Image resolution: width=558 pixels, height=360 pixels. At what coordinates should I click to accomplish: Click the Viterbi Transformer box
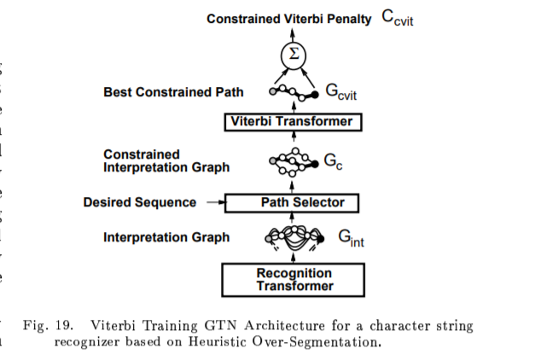(x=292, y=121)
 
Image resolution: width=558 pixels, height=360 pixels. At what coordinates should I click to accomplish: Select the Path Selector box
(x=292, y=202)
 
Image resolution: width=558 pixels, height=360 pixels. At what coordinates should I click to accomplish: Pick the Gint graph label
(x=351, y=239)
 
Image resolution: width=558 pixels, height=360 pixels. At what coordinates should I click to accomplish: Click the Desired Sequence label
(x=139, y=202)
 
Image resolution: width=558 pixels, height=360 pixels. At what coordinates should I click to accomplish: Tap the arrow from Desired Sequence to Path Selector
(x=213, y=202)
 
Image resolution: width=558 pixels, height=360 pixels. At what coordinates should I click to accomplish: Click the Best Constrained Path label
(x=173, y=91)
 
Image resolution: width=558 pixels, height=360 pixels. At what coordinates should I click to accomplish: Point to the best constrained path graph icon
(x=293, y=91)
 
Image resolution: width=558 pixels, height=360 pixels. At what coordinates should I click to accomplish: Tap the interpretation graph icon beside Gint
(x=294, y=237)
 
